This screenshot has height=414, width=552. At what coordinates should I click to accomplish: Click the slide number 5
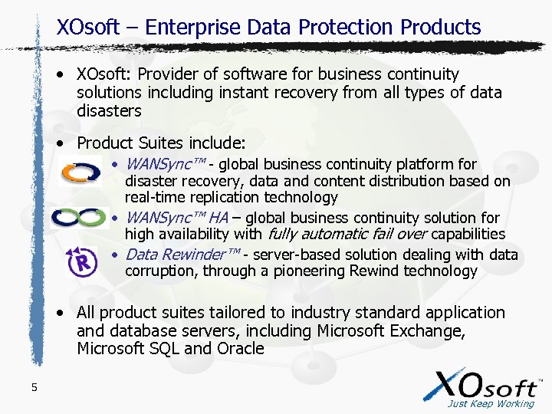34,387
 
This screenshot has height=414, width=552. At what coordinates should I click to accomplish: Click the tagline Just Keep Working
490,403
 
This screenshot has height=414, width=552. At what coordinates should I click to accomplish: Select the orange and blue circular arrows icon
80,171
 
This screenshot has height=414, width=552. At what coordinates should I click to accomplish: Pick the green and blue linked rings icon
79,219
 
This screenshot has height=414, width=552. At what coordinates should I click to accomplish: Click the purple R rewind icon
82,262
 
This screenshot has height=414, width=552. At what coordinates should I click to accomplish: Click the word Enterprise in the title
194,28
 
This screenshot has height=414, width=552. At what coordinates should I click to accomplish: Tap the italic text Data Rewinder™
182,255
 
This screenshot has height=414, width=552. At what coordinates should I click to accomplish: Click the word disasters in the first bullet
109,111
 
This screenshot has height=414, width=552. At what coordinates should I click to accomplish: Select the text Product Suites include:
161,143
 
